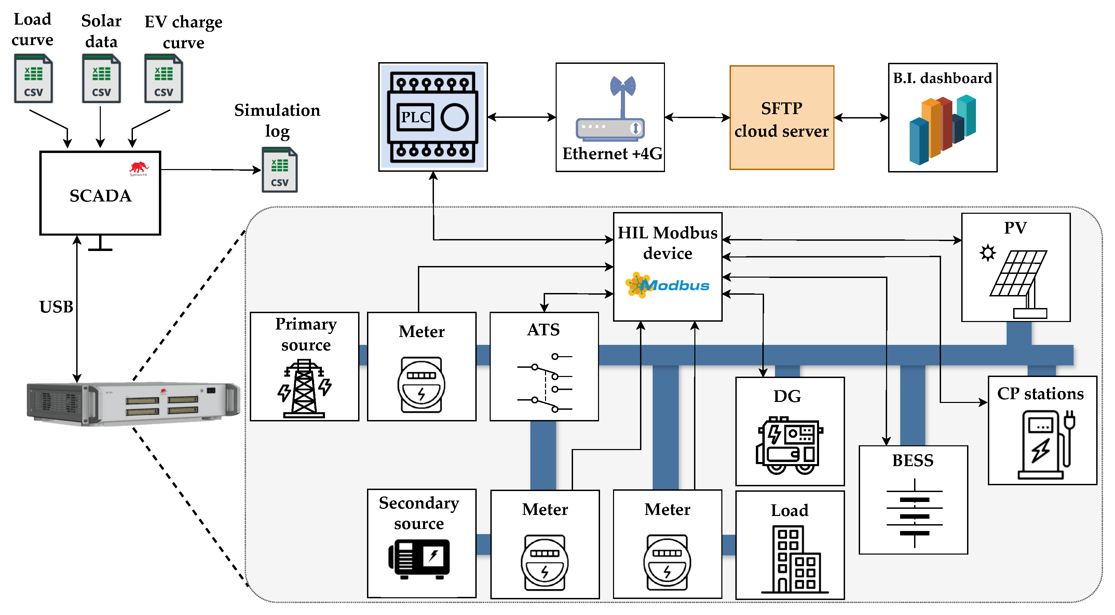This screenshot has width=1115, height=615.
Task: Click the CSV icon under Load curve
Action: pyautogui.click(x=33, y=79)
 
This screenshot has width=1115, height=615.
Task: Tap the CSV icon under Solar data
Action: pyautogui.click(x=101, y=79)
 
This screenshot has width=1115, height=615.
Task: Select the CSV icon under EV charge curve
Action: pyautogui.click(x=164, y=79)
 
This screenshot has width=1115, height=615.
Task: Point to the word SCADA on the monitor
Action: pyautogui.click(x=100, y=196)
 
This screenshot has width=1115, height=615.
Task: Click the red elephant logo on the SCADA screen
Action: pyautogui.click(x=139, y=168)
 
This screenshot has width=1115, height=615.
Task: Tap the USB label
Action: pyautogui.click(x=56, y=307)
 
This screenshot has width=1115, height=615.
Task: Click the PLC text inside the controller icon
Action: pyautogui.click(x=415, y=117)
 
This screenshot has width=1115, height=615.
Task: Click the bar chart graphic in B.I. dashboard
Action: pyautogui.click(x=942, y=129)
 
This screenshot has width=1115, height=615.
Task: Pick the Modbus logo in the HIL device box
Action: pyautogui.click(x=667, y=285)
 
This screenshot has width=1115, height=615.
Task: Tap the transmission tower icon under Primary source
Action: pyautogui.click(x=304, y=388)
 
